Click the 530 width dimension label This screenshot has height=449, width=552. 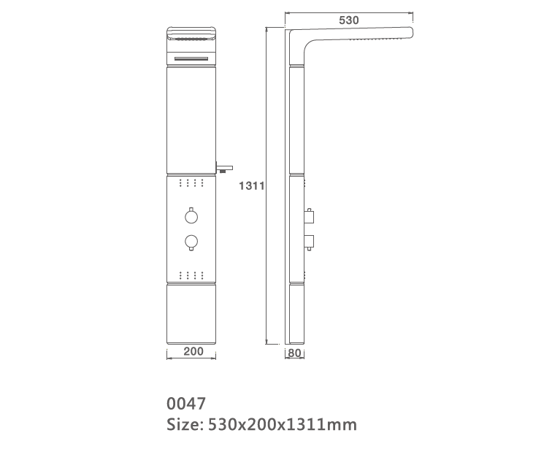coord(349,20)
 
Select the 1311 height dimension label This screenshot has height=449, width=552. coord(250,186)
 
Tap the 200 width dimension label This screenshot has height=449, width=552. coord(193,352)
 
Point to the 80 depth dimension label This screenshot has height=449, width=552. coord(294,353)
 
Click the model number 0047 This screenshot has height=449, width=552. coord(186,403)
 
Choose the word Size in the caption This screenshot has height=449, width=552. coord(183,424)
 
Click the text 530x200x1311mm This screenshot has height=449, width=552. coord(283,424)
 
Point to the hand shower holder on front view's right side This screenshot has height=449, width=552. coord(223,164)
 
